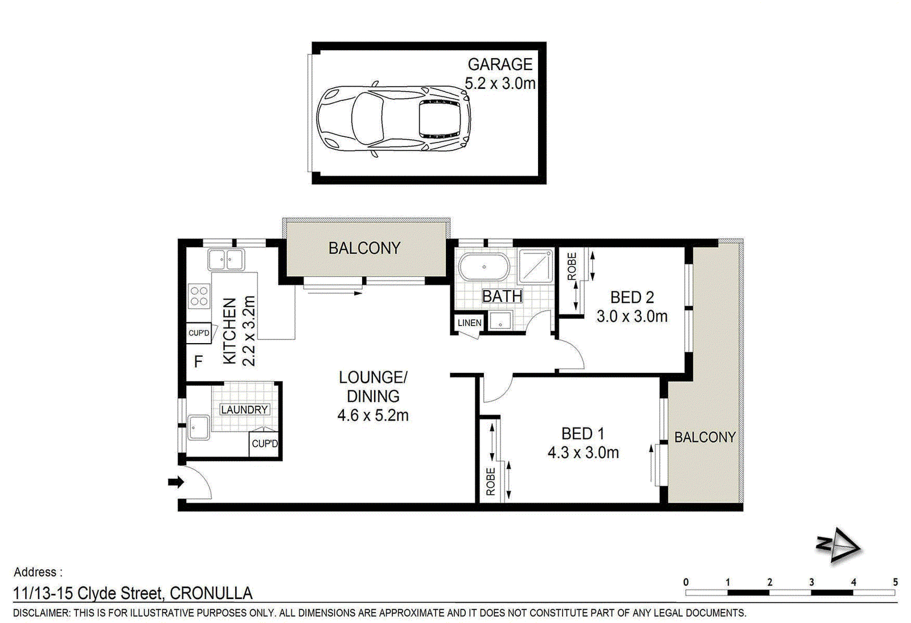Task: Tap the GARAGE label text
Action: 500,64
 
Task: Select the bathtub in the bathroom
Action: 484,267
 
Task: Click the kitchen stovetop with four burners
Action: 199,296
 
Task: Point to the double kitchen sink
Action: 226,259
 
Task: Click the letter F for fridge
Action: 199,361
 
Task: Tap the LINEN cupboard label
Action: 469,323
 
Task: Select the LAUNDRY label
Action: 244,409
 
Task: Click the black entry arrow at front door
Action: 176,482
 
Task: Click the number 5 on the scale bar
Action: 896,583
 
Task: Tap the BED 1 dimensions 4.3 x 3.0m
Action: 583,453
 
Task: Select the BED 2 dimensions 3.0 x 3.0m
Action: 632,316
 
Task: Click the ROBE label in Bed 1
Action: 491,482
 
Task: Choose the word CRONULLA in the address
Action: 211,593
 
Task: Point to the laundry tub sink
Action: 199,427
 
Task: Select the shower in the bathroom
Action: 536,266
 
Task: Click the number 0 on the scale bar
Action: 686,583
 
